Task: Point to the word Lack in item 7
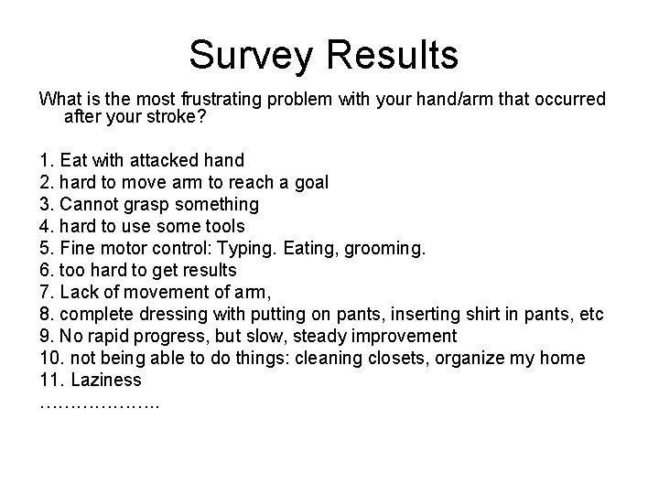click(79, 292)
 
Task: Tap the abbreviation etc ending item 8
click(592, 314)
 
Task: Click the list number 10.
click(50, 358)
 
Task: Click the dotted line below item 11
click(99, 403)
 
